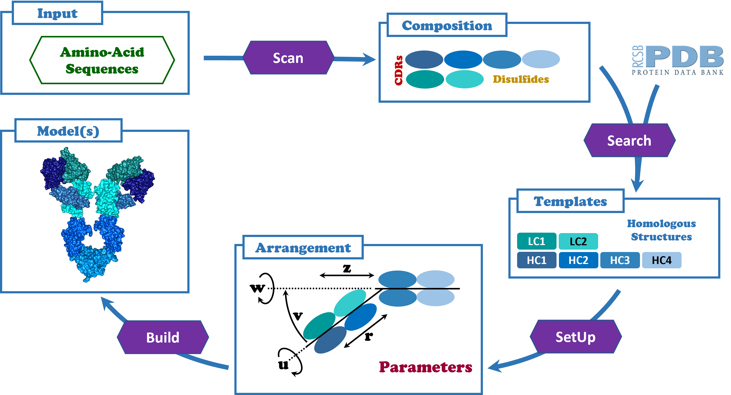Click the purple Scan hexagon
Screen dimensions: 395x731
pyautogui.click(x=288, y=58)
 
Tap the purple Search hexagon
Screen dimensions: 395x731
pyautogui.click(x=629, y=141)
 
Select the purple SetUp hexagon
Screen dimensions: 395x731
pyautogui.click(x=575, y=337)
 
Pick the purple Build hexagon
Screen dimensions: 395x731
pyautogui.click(x=163, y=338)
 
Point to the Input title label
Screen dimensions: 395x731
pyautogui.click(x=57, y=13)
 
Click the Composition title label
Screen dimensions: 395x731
pyautogui.click(x=447, y=25)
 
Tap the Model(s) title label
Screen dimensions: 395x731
pyautogui.click(x=68, y=131)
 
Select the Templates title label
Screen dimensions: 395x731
pyautogui.click(x=570, y=201)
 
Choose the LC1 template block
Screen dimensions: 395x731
pyautogui.click(x=536, y=241)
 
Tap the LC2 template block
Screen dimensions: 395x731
pyautogui.click(x=578, y=241)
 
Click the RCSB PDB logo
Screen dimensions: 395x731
pyautogui.click(x=677, y=60)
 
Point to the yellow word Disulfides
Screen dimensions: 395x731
pyautogui.click(x=521, y=79)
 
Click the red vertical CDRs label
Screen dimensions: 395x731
pyautogui.click(x=398, y=70)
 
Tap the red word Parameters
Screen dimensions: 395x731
pyautogui.click(x=425, y=367)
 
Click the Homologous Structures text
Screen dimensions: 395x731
pyautogui.click(x=661, y=230)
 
